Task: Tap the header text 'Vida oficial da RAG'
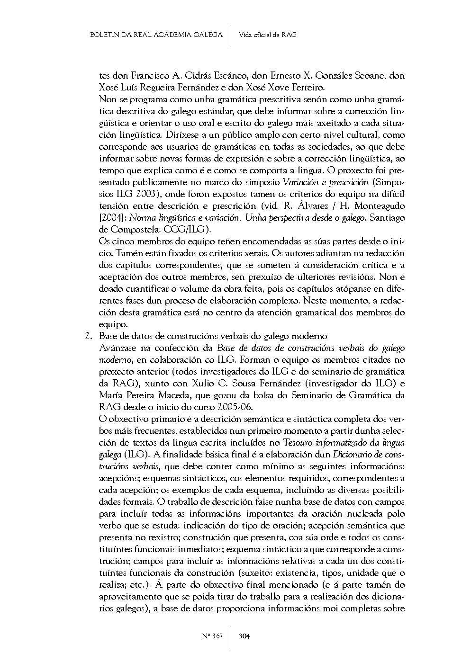click(x=268, y=35)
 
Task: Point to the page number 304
click(x=245, y=636)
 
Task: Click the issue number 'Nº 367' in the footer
click(x=212, y=636)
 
